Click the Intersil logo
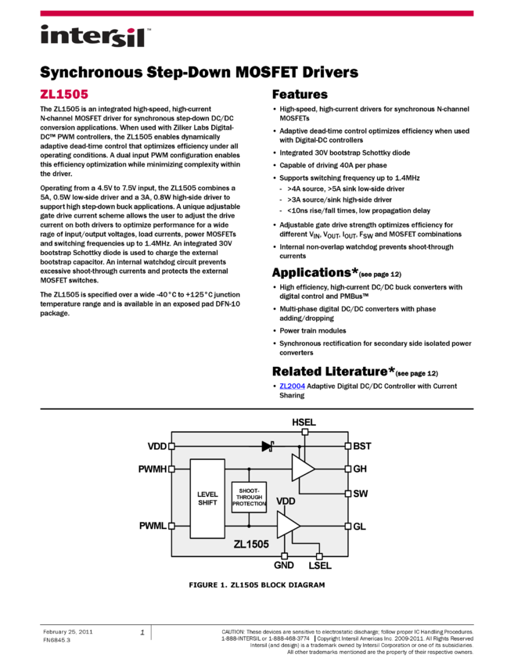tap(95, 37)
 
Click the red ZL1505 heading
tap(64, 95)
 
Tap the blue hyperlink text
tap(292, 386)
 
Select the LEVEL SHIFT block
tap(207, 498)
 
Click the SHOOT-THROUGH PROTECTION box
tap(249, 497)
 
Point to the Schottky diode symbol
tap(268, 446)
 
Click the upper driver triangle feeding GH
tap(303, 468)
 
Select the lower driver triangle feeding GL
tap(288, 525)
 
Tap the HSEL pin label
tap(304, 422)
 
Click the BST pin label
tap(362, 446)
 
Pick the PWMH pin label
tap(152, 469)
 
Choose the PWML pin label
tap(153, 526)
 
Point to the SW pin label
tap(361, 494)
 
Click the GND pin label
tap(284, 565)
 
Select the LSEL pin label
tap(320, 565)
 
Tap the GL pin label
tap(360, 527)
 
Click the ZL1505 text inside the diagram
tap(250, 545)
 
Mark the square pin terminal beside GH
tap(348, 469)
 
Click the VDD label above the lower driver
tap(286, 501)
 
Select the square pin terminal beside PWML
tap(172, 526)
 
